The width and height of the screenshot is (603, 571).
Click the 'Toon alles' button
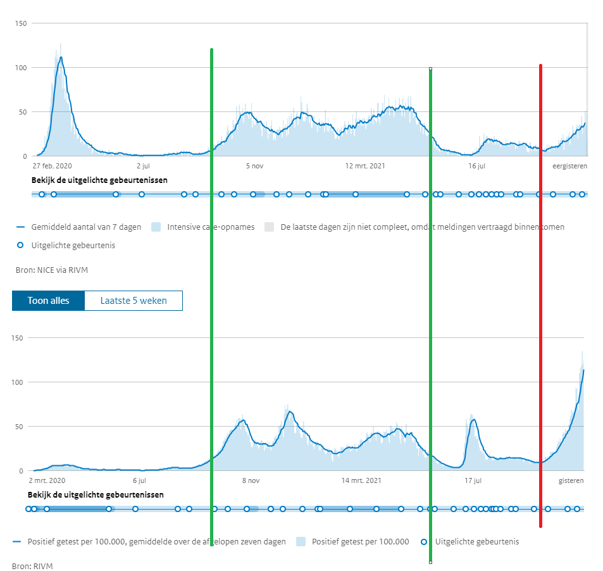tap(48, 301)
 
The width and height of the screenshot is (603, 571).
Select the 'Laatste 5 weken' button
tap(134, 301)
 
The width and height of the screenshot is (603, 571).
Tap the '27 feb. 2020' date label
tap(53, 166)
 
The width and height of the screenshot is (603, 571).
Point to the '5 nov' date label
tap(254, 166)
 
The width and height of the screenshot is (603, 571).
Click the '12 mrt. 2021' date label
tap(364, 166)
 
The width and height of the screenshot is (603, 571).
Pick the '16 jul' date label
tap(476, 166)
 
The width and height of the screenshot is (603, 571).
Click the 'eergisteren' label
tap(569, 166)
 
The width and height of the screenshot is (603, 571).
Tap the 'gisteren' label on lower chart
tap(571, 481)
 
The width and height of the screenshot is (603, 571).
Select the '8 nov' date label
tap(251, 481)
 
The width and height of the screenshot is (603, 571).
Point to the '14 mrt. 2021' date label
tap(361, 481)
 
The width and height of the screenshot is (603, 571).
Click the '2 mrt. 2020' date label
tap(47, 481)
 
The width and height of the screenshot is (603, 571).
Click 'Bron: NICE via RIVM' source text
tap(51, 270)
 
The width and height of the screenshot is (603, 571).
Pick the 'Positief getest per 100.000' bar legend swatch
tap(301, 542)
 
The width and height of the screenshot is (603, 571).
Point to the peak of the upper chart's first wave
tap(61, 57)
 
